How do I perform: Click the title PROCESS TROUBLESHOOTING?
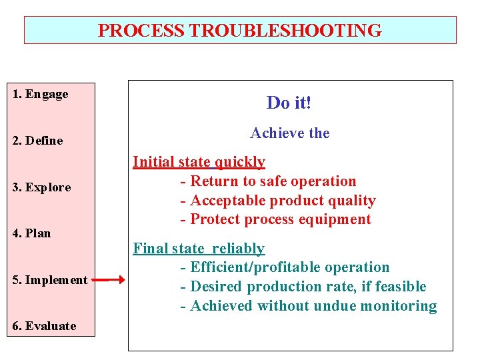(240, 31)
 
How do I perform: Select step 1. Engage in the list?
(41, 94)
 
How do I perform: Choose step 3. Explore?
(41, 187)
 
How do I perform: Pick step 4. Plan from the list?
(31, 233)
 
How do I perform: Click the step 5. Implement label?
(50, 280)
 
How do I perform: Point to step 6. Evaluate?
(44, 326)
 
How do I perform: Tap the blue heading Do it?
(289, 103)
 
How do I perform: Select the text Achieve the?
(290, 133)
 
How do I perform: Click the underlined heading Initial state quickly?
(199, 162)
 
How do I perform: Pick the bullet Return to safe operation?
(268, 181)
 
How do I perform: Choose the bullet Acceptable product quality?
(277, 201)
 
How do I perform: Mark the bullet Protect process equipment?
(275, 219)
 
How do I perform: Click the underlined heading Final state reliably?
(199, 249)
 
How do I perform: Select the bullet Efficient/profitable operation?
(285, 267)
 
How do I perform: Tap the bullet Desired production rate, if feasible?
(303, 287)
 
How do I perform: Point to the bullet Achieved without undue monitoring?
(308, 306)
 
